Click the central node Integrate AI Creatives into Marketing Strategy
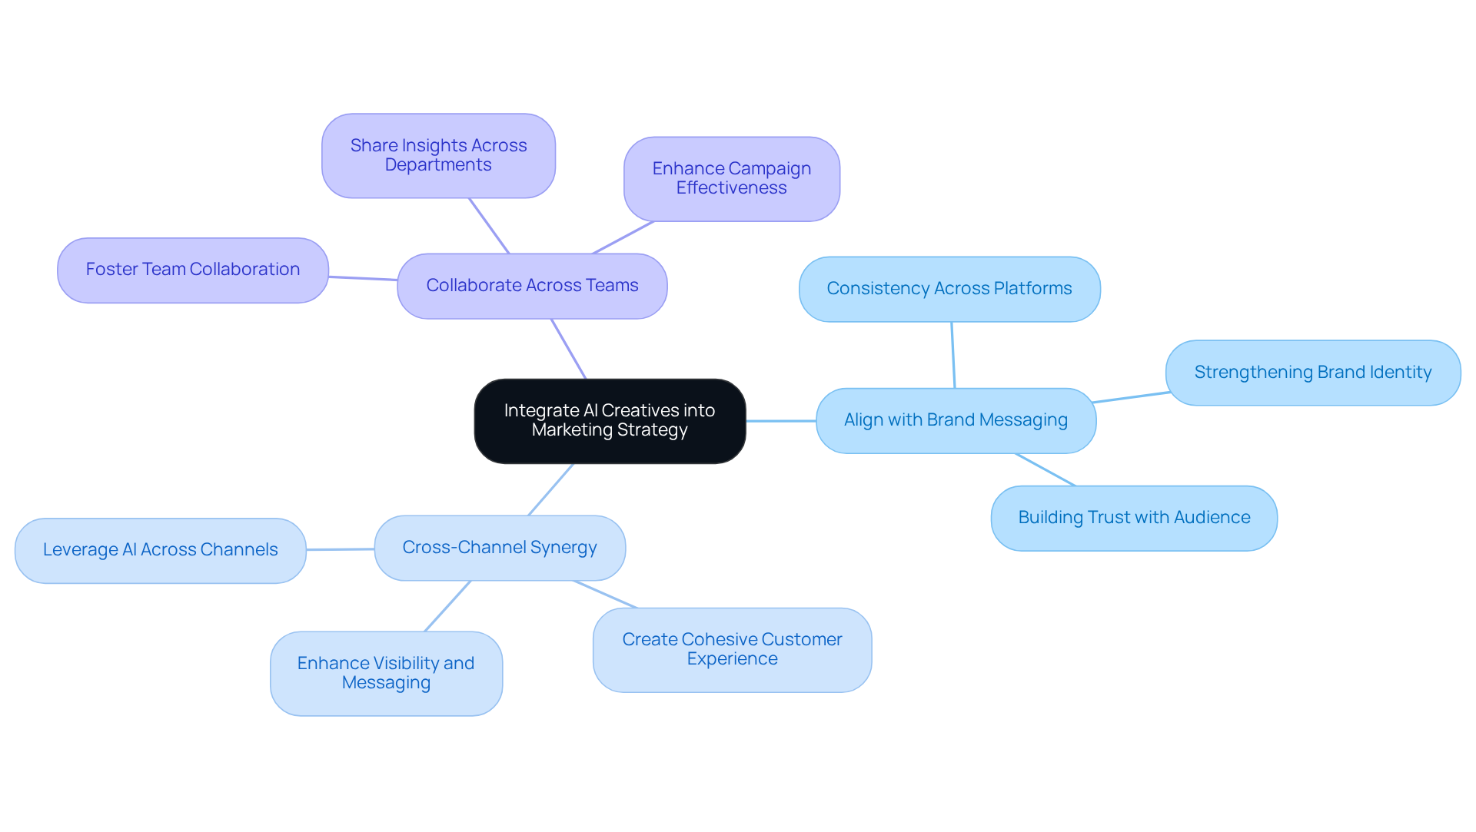click(610, 421)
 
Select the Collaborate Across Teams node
click(532, 286)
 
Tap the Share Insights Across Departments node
click(438, 156)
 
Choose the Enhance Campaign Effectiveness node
click(731, 179)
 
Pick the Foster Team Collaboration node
click(192, 270)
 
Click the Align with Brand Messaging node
click(956, 420)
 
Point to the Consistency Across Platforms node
click(949, 289)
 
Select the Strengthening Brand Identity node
click(1312, 373)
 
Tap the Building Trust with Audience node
click(1134, 518)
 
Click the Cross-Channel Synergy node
click(500, 548)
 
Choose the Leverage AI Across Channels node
click(160, 550)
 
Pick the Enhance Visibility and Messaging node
click(386, 673)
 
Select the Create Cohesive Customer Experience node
click(732, 650)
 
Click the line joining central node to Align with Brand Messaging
click(781, 421)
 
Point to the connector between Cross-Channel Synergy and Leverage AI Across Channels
click(340, 549)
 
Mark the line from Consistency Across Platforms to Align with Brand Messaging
click(953, 355)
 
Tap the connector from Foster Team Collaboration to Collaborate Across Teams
click(363, 278)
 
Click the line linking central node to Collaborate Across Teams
click(569, 349)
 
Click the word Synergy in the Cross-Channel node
click(563, 548)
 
